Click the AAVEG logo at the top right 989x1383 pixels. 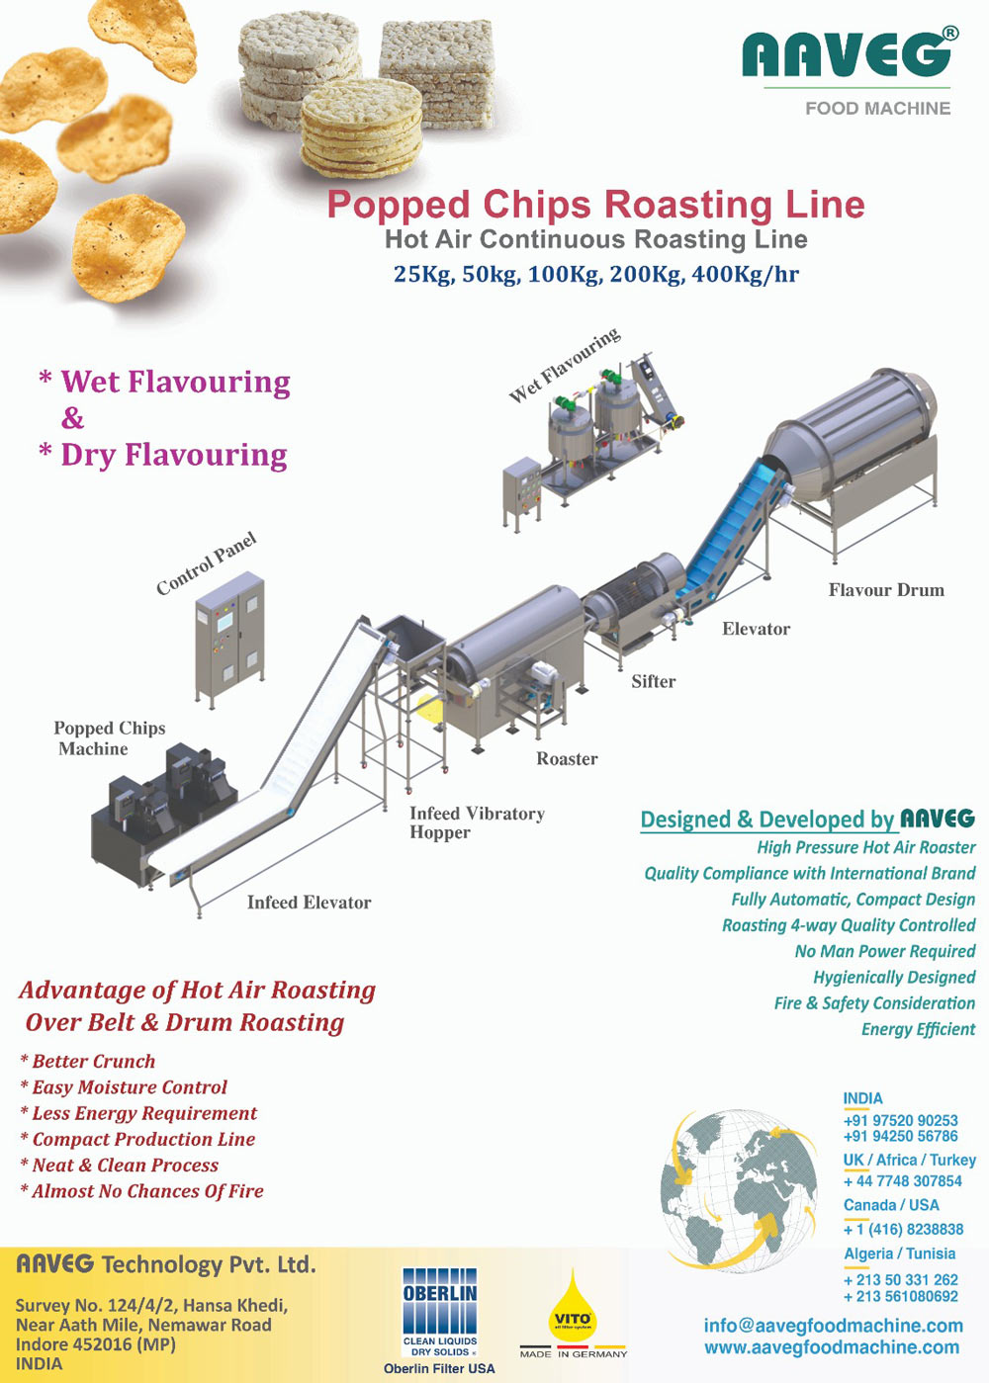tap(849, 56)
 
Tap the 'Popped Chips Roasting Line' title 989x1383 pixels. tap(595, 205)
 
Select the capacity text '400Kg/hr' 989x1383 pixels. tap(745, 274)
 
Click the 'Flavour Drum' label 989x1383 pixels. tap(886, 590)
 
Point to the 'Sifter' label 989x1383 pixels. tap(654, 681)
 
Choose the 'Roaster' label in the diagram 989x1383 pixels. tap(567, 758)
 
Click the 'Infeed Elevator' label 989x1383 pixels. tap(309, 902)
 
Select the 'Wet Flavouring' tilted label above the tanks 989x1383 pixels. tap(565, 365)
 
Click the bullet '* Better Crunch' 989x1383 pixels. tap(88, 1061)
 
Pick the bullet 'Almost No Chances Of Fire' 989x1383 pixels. tap(142, 1191)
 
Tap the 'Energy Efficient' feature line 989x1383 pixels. tap(918, 1029)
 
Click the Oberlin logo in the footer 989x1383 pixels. tap(440, 1314)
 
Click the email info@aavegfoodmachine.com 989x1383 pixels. tap(833, 1326)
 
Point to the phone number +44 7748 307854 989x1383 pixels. tap(902, 1181)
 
